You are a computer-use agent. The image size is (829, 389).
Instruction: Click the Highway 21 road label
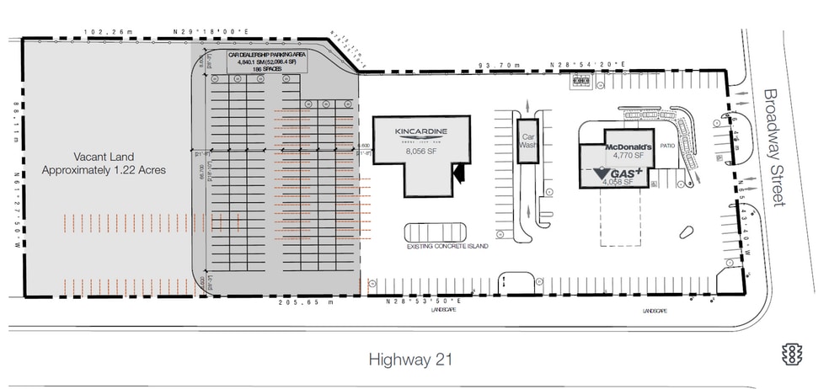click(x=411, y=360)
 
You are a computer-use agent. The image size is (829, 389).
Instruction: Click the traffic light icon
click(x=791, y=354)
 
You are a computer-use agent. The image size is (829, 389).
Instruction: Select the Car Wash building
click(x=529, y=141)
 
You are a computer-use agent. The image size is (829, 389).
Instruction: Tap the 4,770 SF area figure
click(x=628, y=156)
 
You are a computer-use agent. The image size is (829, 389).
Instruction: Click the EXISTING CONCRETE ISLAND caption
click(x=447, y=247)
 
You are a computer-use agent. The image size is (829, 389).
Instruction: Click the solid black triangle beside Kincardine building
click(x=459, y=173)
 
